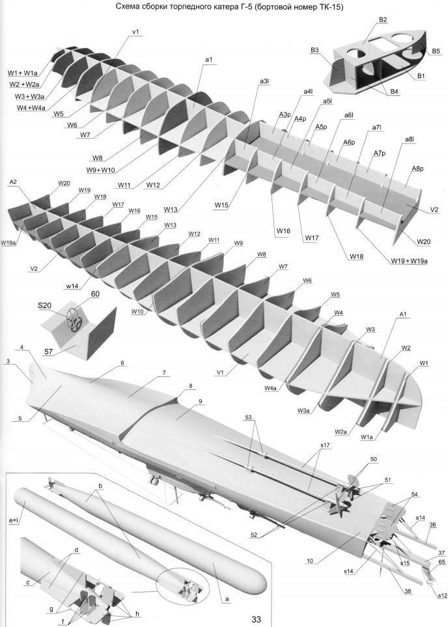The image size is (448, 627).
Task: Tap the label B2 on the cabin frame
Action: (383, 20)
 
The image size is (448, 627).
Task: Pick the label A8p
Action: (417, 169)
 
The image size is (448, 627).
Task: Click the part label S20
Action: (44, 305)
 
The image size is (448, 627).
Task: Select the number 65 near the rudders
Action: (441, 561)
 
